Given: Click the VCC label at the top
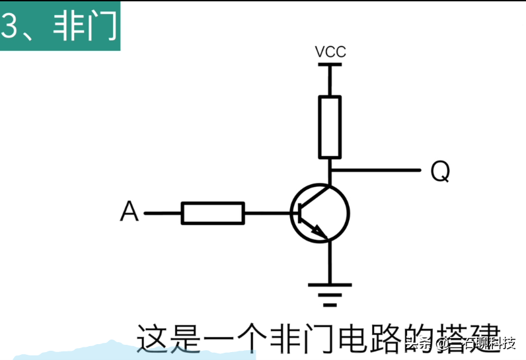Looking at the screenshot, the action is (330, 52).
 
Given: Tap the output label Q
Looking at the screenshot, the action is (440, 172).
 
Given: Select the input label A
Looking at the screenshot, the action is (130, 213).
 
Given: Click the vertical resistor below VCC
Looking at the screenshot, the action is (330, 127).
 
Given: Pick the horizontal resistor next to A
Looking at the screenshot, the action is (213, 213).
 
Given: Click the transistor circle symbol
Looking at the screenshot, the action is (320, 213).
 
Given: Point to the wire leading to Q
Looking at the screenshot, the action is (377, 170).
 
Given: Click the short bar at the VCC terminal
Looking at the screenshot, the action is (330, 65).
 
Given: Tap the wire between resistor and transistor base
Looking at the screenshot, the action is (268, 213).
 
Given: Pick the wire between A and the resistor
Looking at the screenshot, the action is (163, 213).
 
